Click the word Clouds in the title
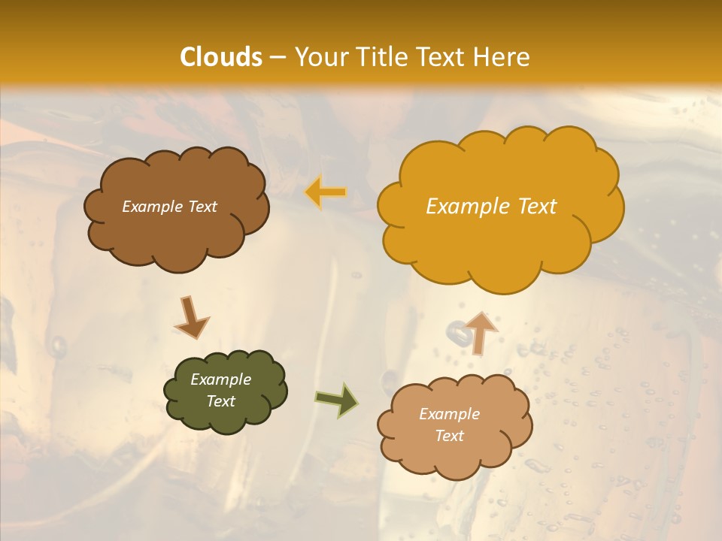[x=221, y=57]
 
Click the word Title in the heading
[x=382, y=57]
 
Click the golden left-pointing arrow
[x=326, y=192]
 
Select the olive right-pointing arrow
[x=337, y=400]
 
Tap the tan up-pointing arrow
[x=481, y=333]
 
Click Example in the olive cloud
[x=220, y=379]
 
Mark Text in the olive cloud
[x=221, y=401]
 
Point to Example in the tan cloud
[x=449, y=414]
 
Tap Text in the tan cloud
[x=449, y=436]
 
